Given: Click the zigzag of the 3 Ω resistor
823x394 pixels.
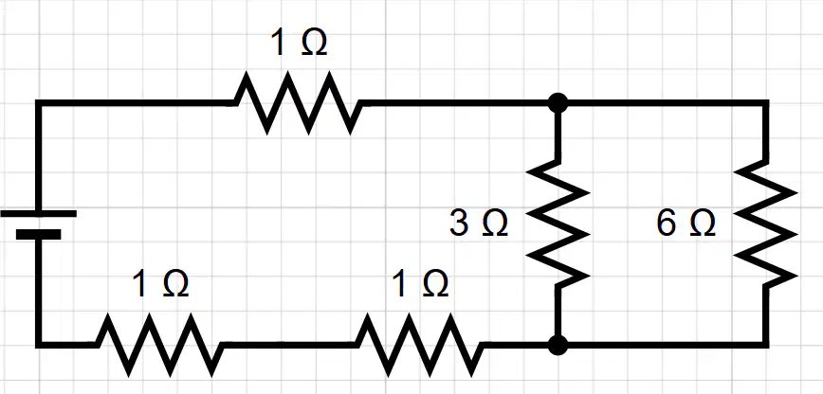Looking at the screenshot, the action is pyautogui.click(x=558, y=224).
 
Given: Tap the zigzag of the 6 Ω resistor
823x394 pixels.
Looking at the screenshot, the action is pyautogui.click(x=766, y=224).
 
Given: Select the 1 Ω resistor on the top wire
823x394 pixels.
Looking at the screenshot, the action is pyautogui.click(x=298, y=103).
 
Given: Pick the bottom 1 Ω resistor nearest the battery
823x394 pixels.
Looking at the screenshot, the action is pyautogui.click(x=159, y=345).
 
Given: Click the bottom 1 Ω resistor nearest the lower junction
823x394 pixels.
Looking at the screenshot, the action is pyautogui.click(x=419, y=345).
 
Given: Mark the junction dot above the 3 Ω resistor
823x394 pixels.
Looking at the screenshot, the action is pyautogui.click(x=558, y=103).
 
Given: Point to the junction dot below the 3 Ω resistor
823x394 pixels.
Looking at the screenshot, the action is pyautogui.click(x=558, y=345).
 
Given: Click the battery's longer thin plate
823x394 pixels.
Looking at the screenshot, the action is pyautogui.click(x=38, y=213).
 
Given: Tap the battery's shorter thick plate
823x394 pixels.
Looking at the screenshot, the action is pyautogui.click(x=38, y=234).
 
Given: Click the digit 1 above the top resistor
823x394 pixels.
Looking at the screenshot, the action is pyautogui.click(x=279, y=42).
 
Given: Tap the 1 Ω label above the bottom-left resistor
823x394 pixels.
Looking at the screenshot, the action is pyautogui.click(x=160, y=284).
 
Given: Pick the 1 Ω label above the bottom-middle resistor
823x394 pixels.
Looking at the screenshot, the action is pyautogui.click(x=420, y=284).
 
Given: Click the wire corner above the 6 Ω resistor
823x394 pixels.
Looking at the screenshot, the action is pyautogui.click(x=766, y=103).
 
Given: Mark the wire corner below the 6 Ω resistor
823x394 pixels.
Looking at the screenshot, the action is pyautogui.click(x=766, y=345).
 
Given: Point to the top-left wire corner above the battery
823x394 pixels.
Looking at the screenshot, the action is pyautogui.click(x=38, y=103).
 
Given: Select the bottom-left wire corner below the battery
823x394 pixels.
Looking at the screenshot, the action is pyautogui.click(x=38, y=345).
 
